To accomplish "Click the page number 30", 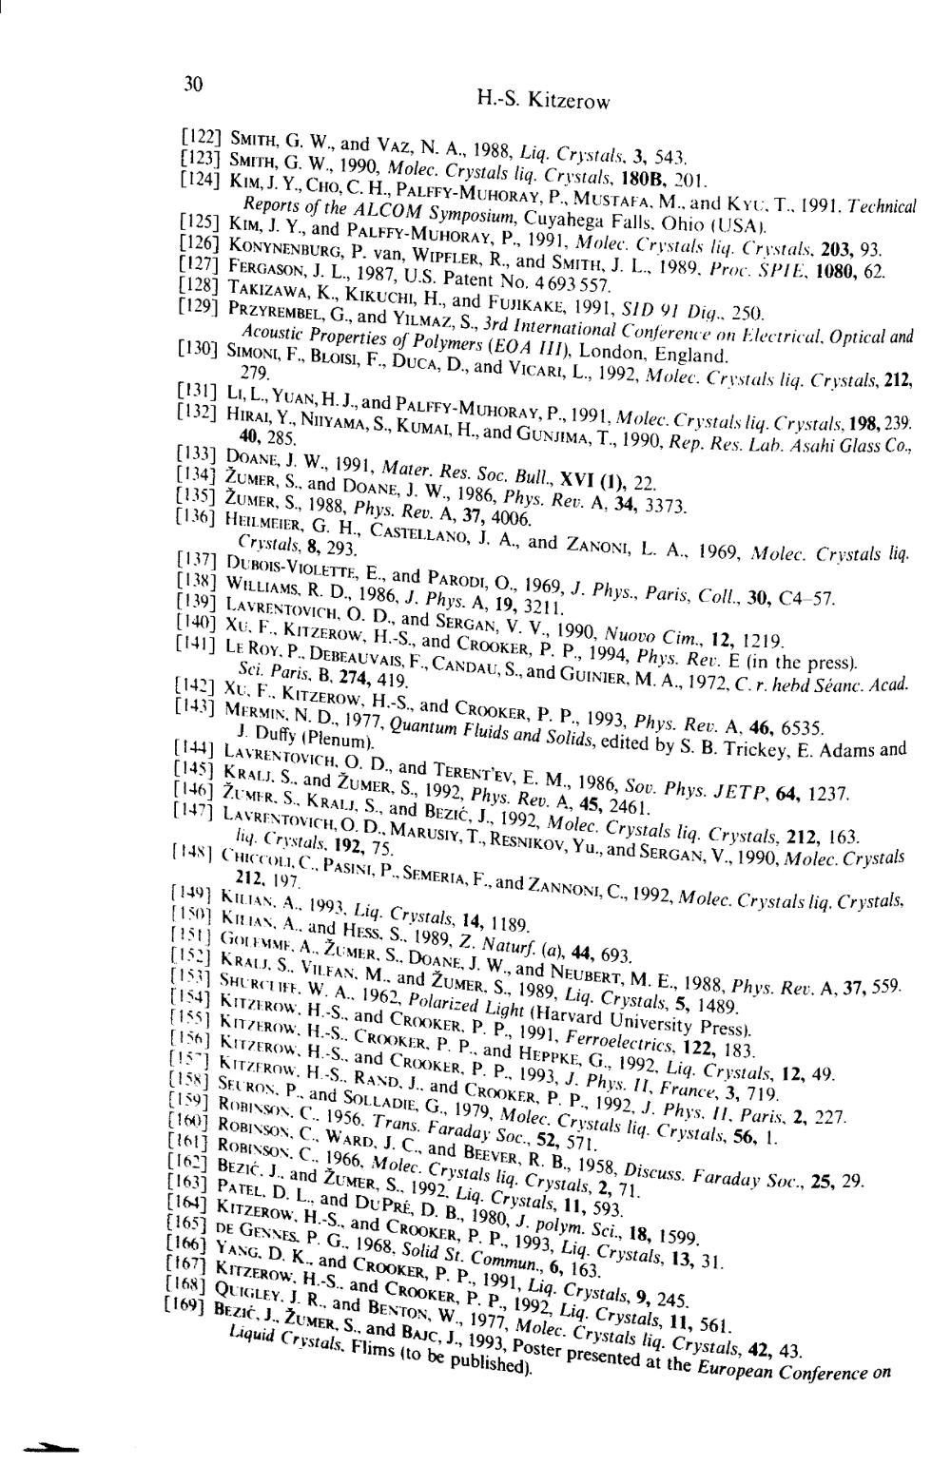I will point(193,84).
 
